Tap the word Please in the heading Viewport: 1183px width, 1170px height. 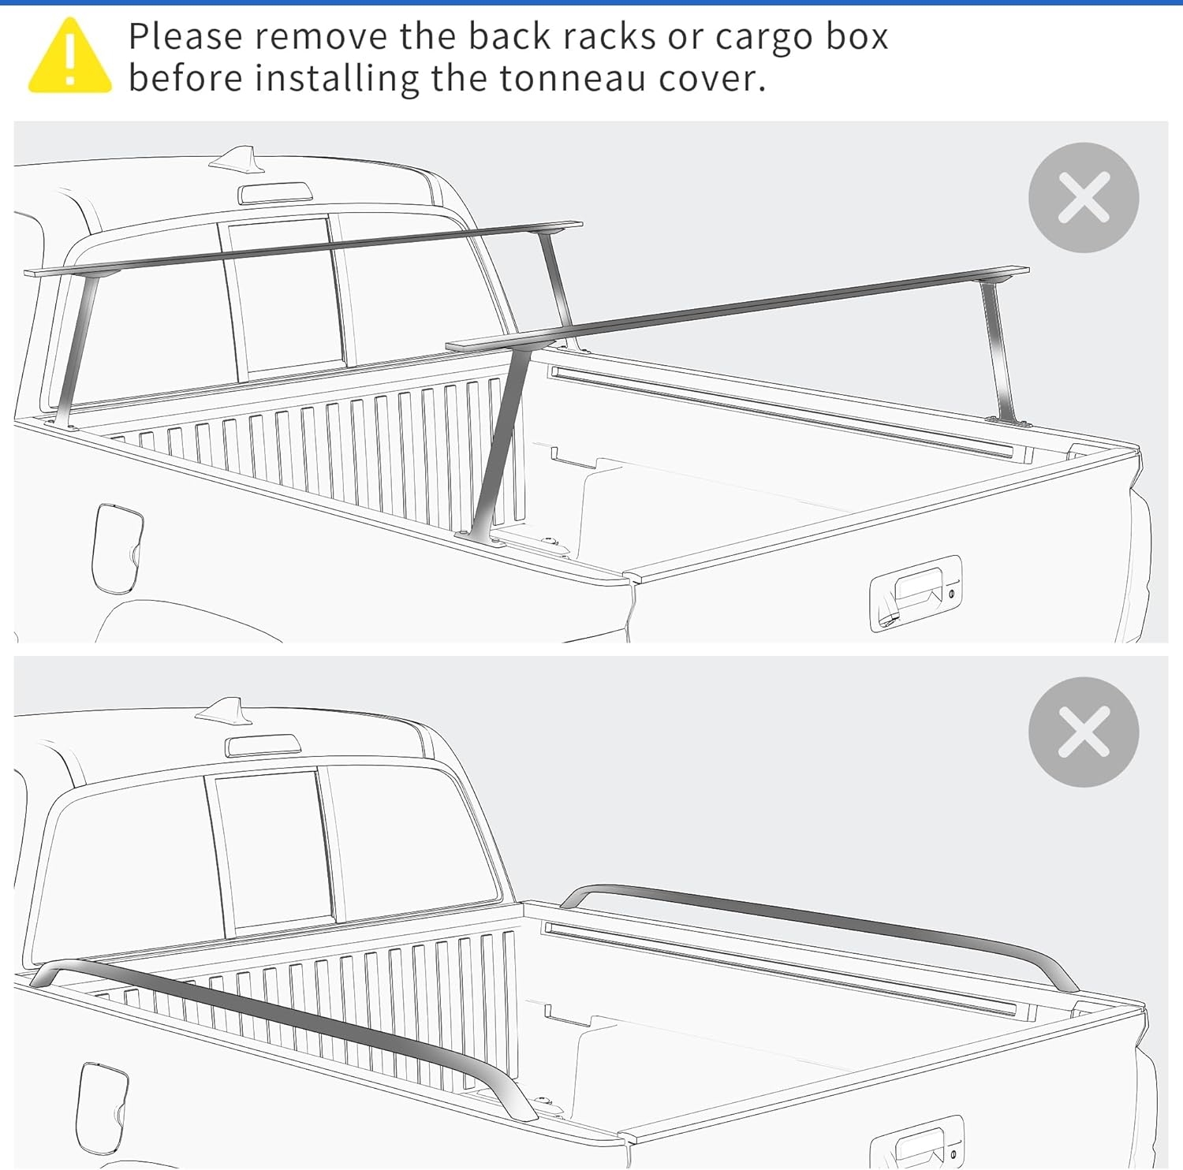185,38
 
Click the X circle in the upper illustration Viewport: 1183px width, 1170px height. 1084,197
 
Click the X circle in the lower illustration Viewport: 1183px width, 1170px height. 1084,732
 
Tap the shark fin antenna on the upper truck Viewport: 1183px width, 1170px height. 234,158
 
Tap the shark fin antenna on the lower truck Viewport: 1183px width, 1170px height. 226,710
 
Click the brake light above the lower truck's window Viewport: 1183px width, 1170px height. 263,745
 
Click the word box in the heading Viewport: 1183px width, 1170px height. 856,37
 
